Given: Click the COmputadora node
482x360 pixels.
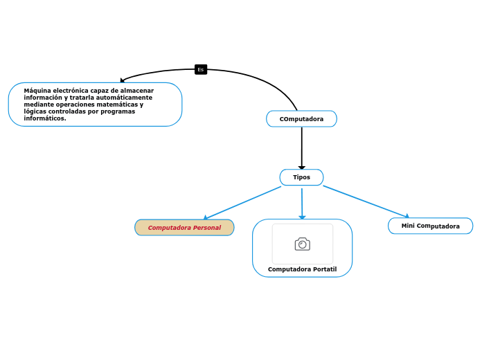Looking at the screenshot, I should click(301, 119).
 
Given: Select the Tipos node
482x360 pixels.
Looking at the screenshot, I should click(301, 177).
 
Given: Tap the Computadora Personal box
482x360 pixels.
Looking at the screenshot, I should click(184, 228).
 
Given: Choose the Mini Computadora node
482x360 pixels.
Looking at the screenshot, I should click(430, 226).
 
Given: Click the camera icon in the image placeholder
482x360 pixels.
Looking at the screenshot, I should click(302, 244).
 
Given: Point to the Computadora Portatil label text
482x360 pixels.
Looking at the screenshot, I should click(302, 269).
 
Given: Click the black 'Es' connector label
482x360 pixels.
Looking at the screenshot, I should click(201, 69).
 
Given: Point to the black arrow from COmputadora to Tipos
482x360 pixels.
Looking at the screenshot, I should click(301, 145).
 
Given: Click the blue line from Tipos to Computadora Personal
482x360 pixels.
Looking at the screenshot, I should click(242, 203).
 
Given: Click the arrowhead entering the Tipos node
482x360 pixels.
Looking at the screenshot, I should click(301, 167).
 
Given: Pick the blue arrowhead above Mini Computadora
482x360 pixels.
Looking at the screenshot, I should click(407, 216).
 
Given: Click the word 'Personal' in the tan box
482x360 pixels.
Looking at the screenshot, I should click(207, 228).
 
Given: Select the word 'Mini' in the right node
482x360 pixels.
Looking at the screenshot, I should click(408, 226).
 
